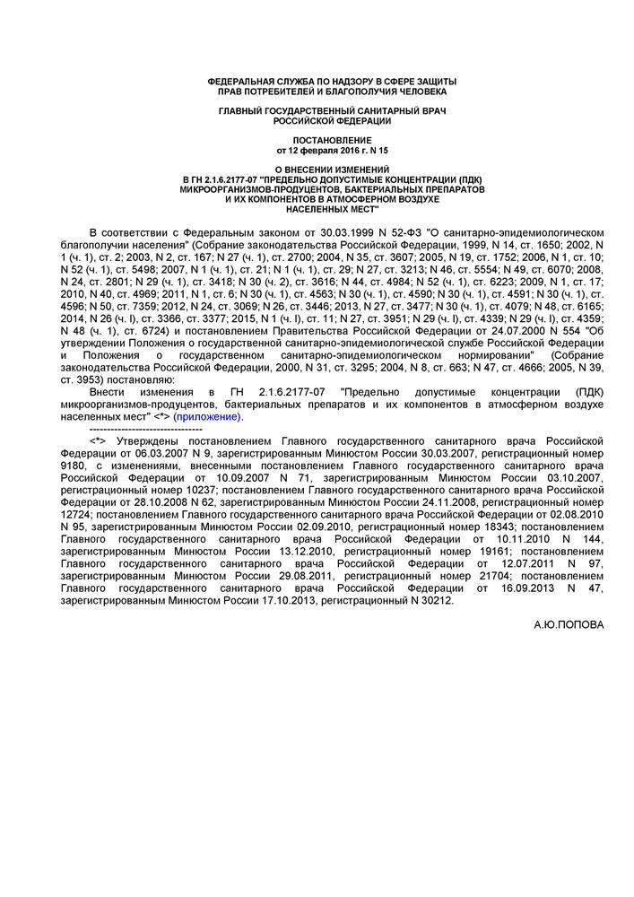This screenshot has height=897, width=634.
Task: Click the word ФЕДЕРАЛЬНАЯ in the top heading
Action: [x=243, y=83]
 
